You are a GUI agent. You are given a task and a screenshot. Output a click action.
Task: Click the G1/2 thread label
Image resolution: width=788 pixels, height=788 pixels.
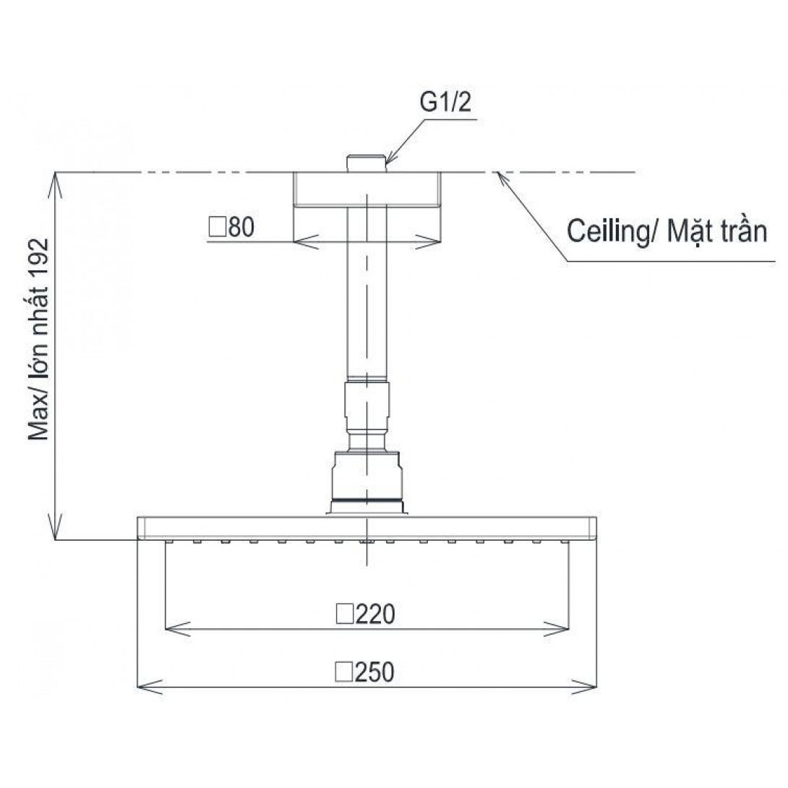tap(446, 102)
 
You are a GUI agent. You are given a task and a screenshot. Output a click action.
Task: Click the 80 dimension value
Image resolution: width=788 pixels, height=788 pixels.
tap(241, 227)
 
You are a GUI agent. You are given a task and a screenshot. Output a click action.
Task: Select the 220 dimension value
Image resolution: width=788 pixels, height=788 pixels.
tap(375, 614)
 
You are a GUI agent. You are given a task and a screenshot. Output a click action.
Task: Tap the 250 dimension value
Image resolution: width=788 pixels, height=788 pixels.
tap(374, 672)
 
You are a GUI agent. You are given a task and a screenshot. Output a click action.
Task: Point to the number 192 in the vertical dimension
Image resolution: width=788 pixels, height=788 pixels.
tap(39, 258)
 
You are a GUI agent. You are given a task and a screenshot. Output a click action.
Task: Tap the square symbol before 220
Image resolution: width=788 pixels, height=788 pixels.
tap(344, 614)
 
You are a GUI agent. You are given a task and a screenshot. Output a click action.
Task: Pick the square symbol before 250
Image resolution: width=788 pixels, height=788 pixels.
tap(344, 672)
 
